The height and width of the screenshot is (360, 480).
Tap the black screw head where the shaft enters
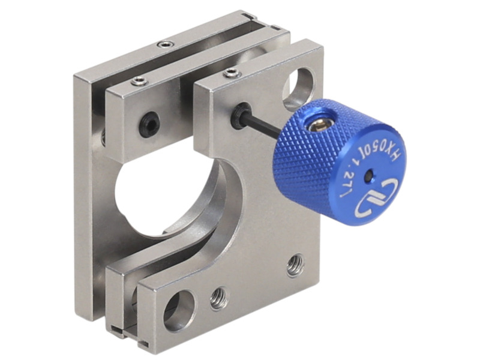(x=241, y=115)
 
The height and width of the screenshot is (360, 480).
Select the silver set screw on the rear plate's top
(x=164, y=44)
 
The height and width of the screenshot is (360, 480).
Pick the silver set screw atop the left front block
(x=139, y=81)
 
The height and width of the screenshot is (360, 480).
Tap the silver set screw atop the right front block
(x=232, y=73)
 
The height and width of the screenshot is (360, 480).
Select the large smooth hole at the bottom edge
(x=179, y=310)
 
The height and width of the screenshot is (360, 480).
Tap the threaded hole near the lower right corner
(x=295, y=265)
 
